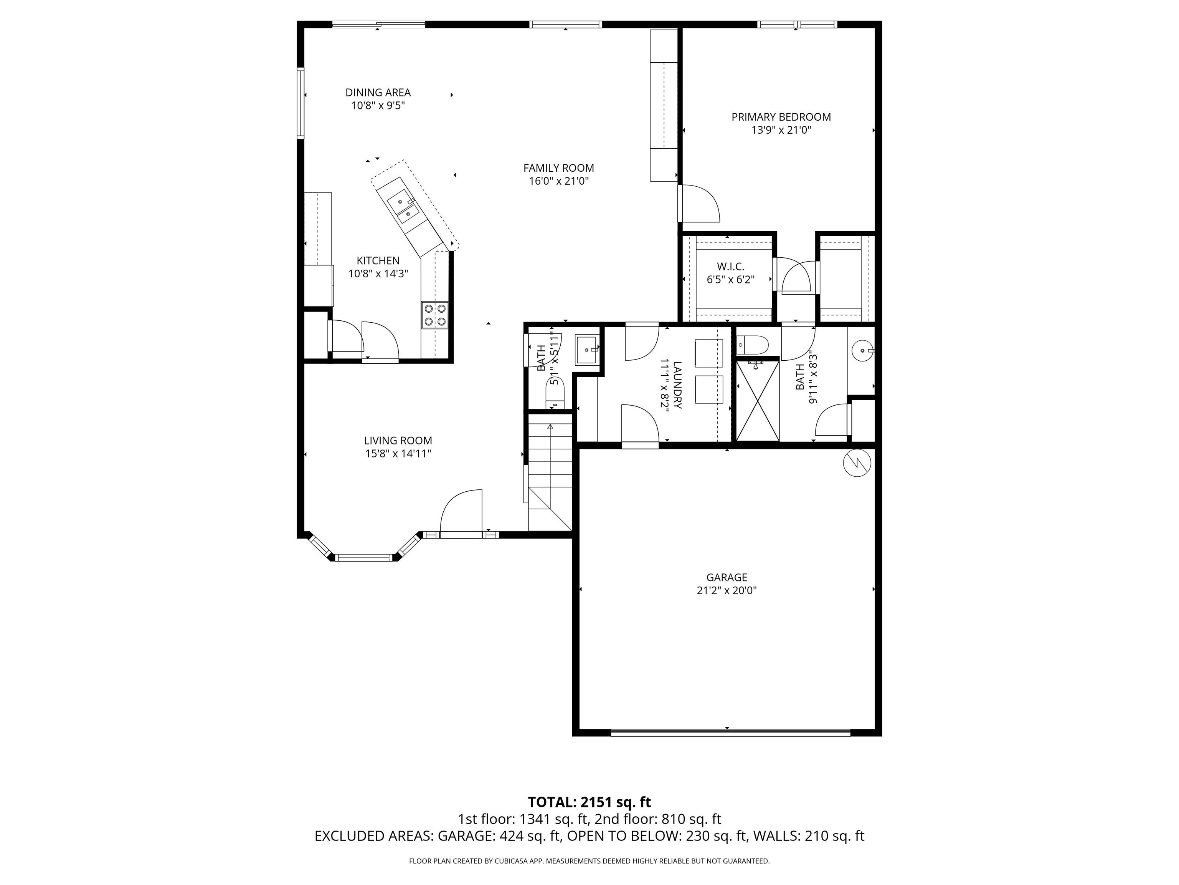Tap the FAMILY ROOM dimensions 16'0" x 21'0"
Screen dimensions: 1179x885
[x=558, y=181]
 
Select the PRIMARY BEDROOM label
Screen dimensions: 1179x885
[x=781, y=117]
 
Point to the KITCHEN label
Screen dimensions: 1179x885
[x=378, y=260]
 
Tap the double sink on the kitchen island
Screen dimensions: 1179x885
[x=403, y=209]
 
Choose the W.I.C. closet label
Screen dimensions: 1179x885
[x=730, y=266]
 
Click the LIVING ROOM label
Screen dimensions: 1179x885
[x=398, y=441]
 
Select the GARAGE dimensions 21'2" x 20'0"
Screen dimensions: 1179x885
[x=727, y=590]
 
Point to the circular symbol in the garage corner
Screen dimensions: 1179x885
[x=857, y=463]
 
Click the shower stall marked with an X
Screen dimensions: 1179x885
[x=757, y=401]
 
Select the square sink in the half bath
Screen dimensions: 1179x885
[x=587, y=350]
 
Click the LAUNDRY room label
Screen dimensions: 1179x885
[x=677, y=384]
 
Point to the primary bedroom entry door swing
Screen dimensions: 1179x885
[x=699, y=203]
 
